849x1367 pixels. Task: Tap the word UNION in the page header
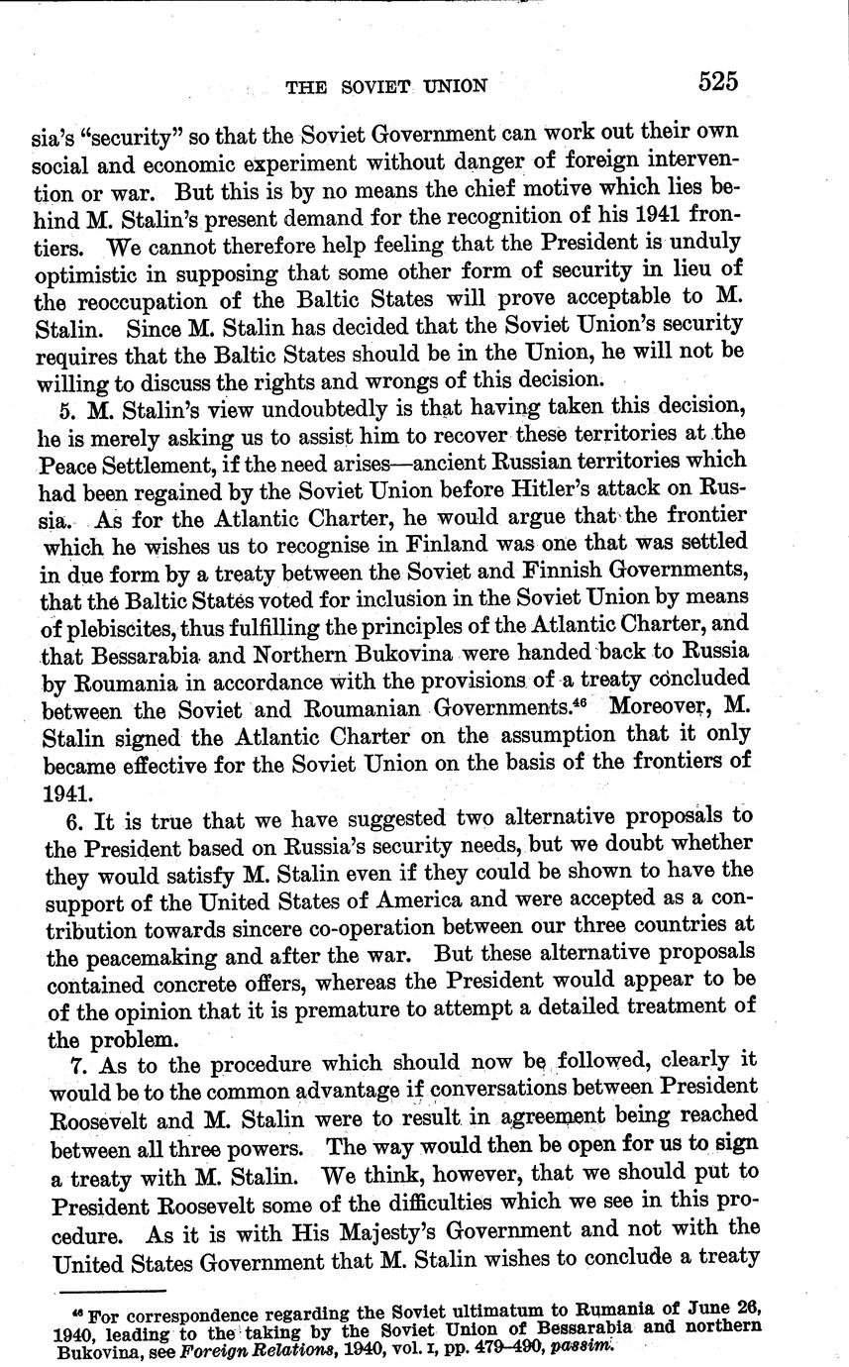pos(454,87)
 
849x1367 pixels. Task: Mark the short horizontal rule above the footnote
pos(111,1291)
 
